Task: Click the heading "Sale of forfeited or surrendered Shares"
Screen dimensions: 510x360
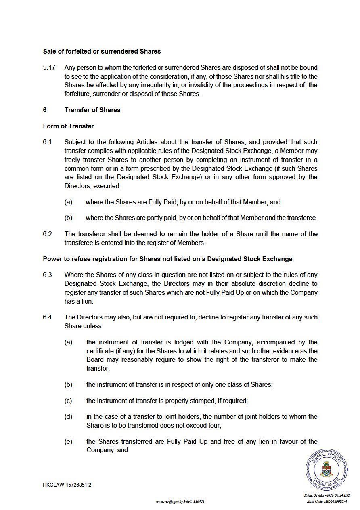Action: pos(102,52)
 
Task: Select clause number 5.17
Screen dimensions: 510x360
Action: pos(49,68)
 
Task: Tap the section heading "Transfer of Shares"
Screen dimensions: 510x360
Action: pos(92,110)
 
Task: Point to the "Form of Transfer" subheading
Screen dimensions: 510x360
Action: pos(68,126)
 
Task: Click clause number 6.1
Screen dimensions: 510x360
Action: pos(47,142)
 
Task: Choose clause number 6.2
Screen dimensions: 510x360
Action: pos(47,234)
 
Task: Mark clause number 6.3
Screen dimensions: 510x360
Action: pos(47,275)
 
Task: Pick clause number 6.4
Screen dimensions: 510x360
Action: pos(47,317)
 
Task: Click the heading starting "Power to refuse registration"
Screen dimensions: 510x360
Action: pos(167,259)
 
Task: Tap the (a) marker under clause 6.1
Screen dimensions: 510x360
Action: pos(68,202)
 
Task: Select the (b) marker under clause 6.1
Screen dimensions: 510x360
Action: pos(68,218)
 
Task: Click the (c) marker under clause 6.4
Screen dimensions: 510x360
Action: pos(68,401)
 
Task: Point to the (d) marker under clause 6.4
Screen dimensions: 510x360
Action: pos(68,417)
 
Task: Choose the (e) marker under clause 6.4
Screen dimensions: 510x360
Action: pos(68,442)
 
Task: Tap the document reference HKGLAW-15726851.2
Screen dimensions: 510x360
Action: pos(67,485)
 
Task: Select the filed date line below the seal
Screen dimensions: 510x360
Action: pos(327,495)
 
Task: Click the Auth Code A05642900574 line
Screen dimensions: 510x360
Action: pos(327,502)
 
